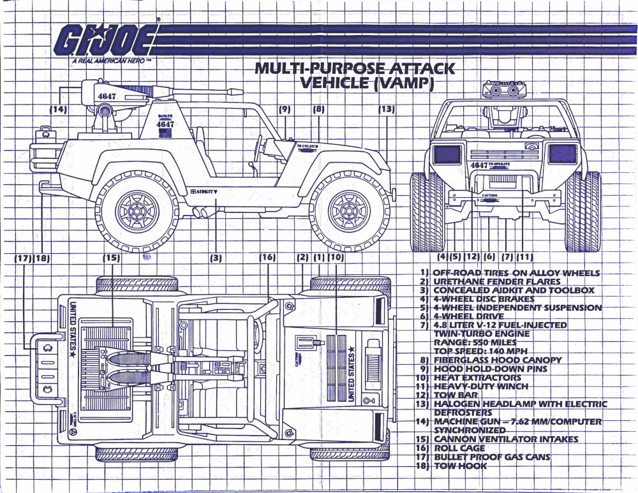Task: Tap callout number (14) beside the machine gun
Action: tap(58, 110)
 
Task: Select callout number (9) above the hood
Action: tap(285, 110)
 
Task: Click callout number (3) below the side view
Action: tap(216, 258)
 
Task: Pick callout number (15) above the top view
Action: tap(112, 258)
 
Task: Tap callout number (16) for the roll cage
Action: tap(267, 258)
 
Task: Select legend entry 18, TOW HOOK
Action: tap(459, 466)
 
